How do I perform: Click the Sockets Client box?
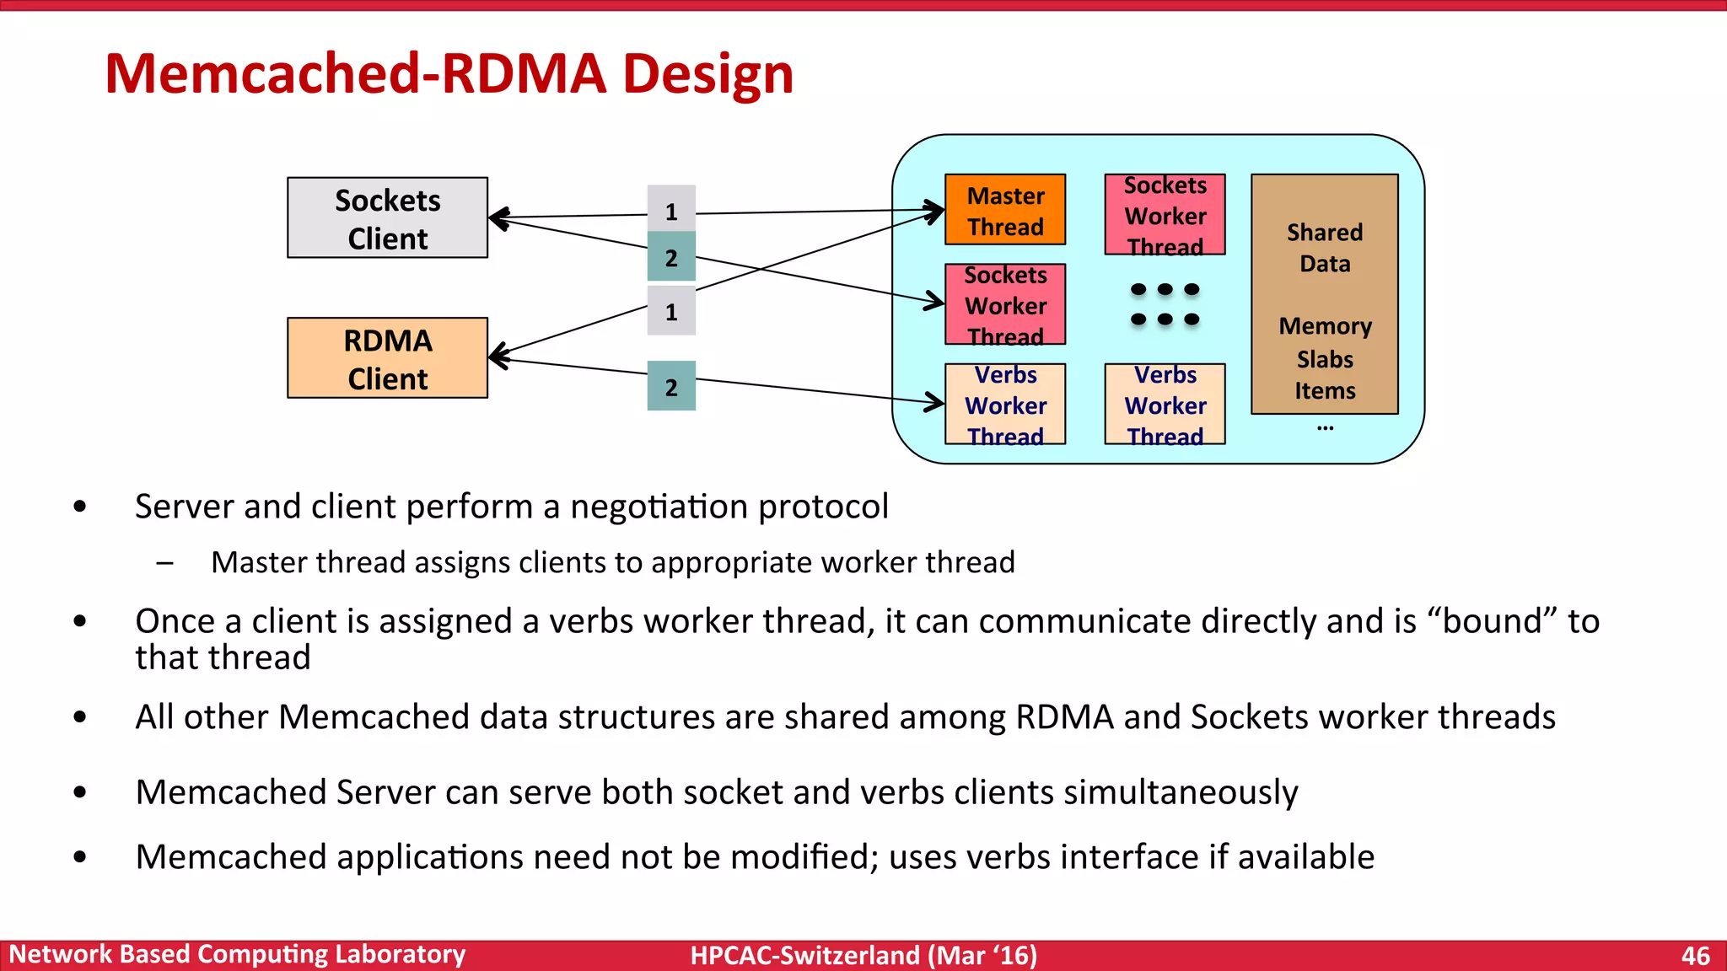click(x=387, y=217)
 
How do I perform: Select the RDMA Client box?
click(x=387, y=358)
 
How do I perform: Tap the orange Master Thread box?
click(x=1005, y=210)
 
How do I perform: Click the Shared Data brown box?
click(x=1324, y=294)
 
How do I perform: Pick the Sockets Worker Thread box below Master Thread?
click(x=1005, y=304)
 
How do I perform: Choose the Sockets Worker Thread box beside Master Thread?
click(x=1165, y=215)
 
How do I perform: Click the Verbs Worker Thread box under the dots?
click(x=1165, y=404)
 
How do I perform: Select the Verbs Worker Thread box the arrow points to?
click(x=1005, y=404)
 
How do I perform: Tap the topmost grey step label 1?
click(x=671, y=210)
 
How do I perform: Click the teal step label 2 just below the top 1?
click(x=671, y=257)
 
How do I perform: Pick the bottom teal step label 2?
click(x=671, y=387)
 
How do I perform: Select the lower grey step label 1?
click(x=671, y=312)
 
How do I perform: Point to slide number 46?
click(x=1695, y=955)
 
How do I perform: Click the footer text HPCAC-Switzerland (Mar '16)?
click(x=863, y=955)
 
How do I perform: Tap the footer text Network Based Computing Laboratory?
click(x=237, y=954)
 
